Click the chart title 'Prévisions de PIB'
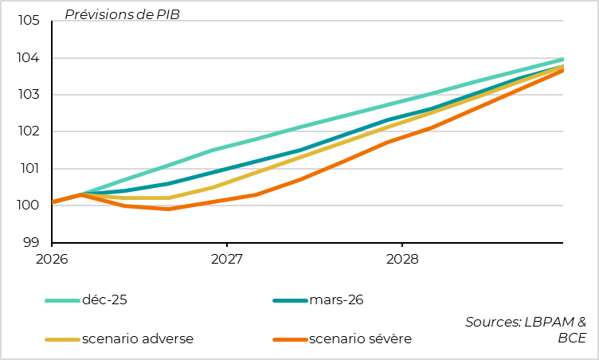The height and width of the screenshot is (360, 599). point(122,14)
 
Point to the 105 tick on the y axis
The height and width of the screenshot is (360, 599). point(29,21)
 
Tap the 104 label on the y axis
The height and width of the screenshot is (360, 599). point(29,58)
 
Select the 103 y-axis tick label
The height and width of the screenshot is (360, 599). point(29,95)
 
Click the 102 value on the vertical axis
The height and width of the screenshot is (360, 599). point(29,131)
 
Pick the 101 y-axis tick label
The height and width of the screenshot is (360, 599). point(29,169)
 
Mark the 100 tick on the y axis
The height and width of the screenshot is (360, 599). point(29,205)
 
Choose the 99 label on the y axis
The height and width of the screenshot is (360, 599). point(33,242)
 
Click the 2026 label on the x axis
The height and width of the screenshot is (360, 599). point(52,259)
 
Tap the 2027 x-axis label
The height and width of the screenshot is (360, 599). point(226,259)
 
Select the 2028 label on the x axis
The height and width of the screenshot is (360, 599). point(401,259)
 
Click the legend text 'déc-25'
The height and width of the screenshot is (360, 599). point(104,300)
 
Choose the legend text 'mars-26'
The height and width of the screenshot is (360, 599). point(336,300)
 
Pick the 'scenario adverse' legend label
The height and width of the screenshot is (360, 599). point(137,338)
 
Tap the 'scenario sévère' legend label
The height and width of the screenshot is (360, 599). point(360,338)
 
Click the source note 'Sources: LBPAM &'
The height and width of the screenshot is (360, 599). point(526,322)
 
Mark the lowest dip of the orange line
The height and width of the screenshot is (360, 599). point(168,209)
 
